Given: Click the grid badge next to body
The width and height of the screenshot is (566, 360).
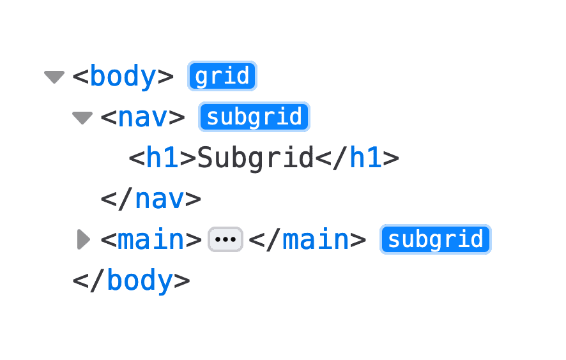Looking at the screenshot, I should click(222, 77).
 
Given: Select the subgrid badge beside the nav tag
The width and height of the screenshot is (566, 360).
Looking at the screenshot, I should click(254, 117).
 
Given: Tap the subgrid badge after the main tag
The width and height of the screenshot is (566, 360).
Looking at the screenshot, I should click(436, 239).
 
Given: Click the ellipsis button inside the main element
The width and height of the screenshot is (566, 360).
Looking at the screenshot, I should click(226, 240).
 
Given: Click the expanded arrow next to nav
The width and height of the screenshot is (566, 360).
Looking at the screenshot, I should click(82, 118).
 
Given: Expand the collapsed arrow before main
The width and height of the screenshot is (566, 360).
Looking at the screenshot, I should click(83, 240).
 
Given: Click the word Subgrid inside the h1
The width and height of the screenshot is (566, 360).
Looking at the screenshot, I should click(256, 158).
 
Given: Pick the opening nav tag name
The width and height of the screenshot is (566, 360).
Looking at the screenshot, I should click(142, 118).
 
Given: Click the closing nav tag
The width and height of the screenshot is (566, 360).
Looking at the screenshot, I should click(151, 199).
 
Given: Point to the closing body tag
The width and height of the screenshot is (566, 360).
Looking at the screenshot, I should click(131, 281).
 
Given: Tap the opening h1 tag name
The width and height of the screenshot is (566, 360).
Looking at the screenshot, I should click(162, 158).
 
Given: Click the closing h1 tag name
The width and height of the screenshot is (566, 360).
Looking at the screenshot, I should click(365, 158).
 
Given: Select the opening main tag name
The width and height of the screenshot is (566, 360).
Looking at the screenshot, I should click(151, 240).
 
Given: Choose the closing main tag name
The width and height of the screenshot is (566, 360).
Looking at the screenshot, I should click(316, 240).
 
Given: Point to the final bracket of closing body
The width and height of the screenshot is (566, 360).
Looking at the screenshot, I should click(182, 281).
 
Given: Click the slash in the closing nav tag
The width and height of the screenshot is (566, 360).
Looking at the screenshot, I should click(126, 199).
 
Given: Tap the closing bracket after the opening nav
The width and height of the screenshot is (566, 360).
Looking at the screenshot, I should click(176, 118).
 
